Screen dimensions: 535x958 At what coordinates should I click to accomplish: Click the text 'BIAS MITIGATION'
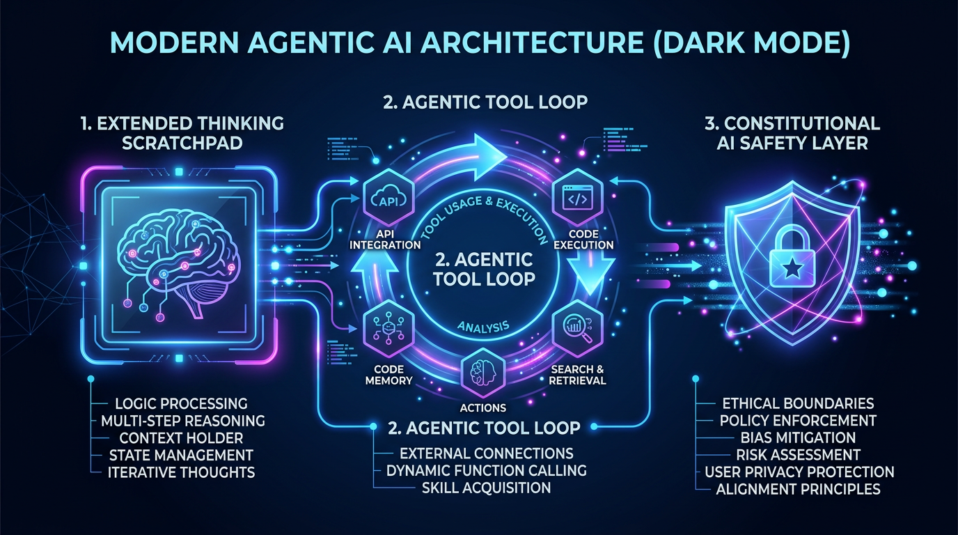tap(796, 437)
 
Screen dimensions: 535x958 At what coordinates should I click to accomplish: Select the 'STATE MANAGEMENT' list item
tap(181, 455)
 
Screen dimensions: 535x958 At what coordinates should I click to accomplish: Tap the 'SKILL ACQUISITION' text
tap(486, 488)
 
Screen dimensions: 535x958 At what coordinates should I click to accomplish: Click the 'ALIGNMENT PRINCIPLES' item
tap(798, 489)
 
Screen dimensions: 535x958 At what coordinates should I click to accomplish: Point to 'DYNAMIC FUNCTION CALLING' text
tap(486, 470)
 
